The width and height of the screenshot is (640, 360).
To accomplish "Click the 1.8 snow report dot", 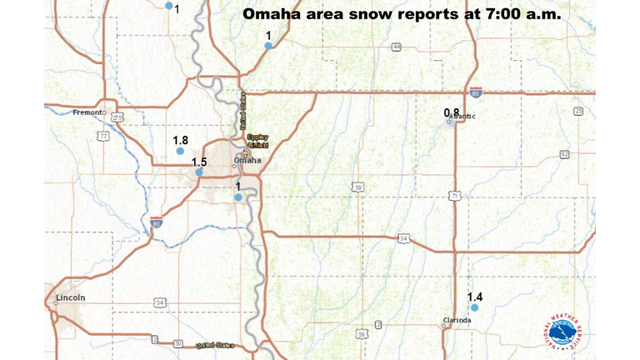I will [180, 151].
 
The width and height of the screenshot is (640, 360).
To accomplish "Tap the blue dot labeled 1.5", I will [200, 172].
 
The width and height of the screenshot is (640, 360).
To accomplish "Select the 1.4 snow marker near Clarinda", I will [474, 308].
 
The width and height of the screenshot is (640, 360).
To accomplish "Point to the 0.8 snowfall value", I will [451, 112].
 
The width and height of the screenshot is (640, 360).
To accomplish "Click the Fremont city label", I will [87, 112].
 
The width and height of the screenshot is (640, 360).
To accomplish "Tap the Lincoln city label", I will [70, 297].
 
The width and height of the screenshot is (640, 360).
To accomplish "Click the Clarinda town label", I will [458, 320].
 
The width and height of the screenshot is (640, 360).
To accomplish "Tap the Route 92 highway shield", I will [564, 154].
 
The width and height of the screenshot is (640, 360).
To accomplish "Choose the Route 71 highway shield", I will [454, 196].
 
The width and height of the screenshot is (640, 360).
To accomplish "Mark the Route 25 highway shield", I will [578, 111].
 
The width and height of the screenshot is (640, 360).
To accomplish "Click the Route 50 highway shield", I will [177, 342].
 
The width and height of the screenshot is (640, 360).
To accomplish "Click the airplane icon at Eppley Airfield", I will [247, 152].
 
